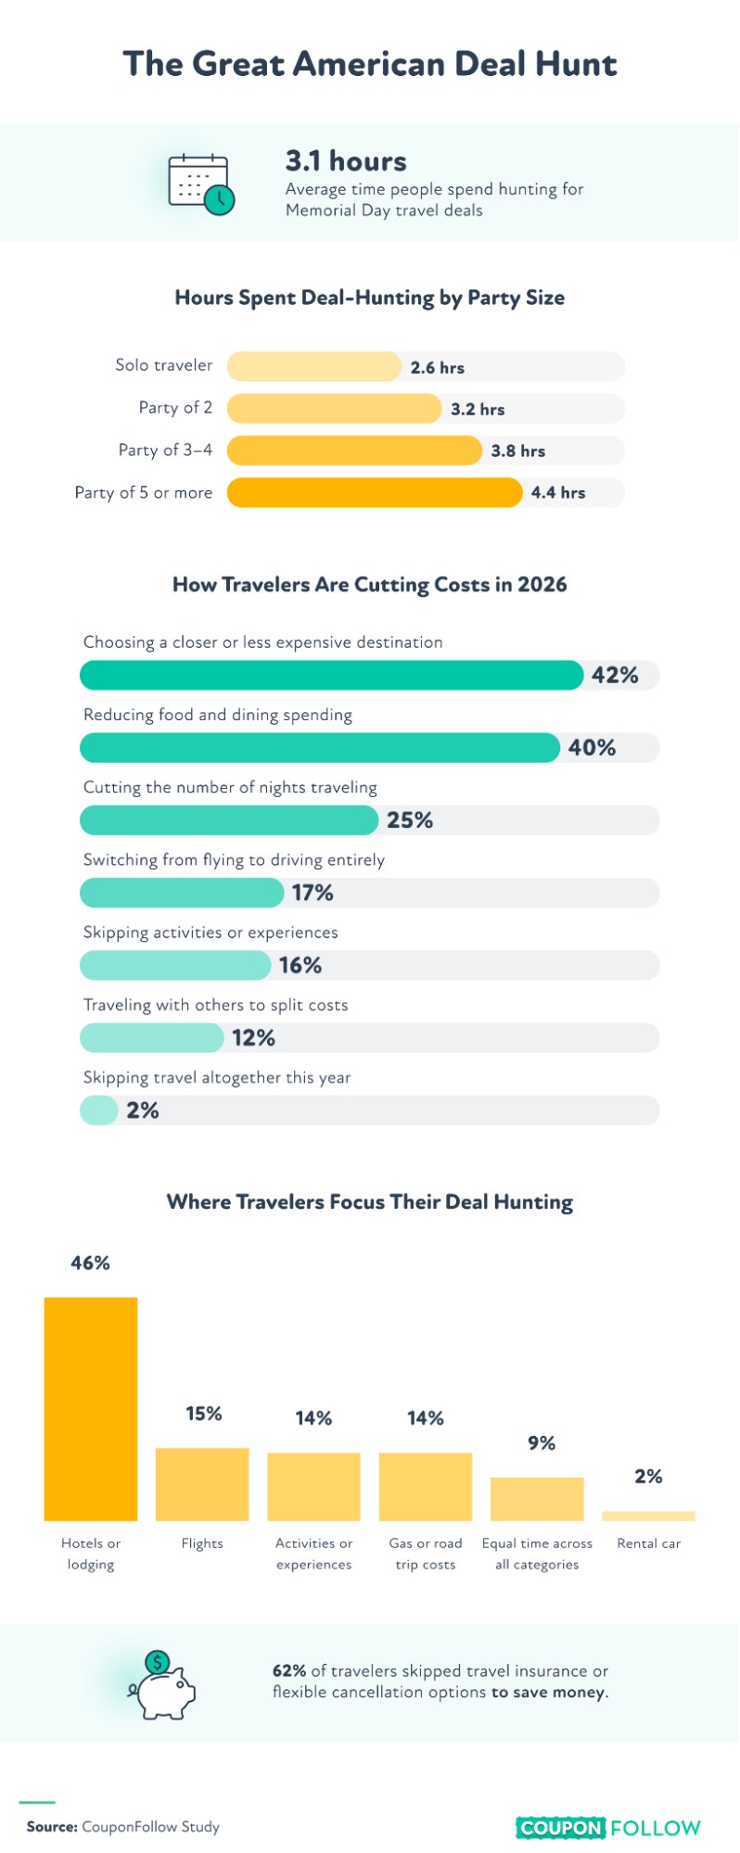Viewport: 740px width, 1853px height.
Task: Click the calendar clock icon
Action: [201, 184]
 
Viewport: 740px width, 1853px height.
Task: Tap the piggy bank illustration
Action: [162, 1684]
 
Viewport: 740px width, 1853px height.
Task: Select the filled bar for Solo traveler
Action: [314, 366]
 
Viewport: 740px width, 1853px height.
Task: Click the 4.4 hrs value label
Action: [558, 492]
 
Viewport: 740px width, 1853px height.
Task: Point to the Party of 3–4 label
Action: [165, 450]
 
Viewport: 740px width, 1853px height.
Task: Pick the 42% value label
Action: [615, 675]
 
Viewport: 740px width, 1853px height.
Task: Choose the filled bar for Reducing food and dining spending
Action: [320, 747]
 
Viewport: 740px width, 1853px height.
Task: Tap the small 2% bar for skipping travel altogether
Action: [99, 1110]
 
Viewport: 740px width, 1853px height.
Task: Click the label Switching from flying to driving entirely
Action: [234, 859]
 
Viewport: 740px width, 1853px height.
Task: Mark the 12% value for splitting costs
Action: [253, 1037]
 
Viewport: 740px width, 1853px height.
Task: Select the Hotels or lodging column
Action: [91, 1408]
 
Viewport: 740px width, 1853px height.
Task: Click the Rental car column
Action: [648, 1516]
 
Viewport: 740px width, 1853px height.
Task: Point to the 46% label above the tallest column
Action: [90, 1263]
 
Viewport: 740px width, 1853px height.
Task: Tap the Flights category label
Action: [202, 1542]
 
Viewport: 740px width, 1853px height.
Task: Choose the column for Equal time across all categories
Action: [537, 1498]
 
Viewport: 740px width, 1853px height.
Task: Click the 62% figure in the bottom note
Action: [289, 1670]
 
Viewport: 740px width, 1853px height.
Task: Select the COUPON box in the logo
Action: [561, 1827]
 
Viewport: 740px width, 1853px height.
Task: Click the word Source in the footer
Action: [52, 1826]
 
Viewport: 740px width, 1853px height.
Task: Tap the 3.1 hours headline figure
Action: [346, 161]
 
